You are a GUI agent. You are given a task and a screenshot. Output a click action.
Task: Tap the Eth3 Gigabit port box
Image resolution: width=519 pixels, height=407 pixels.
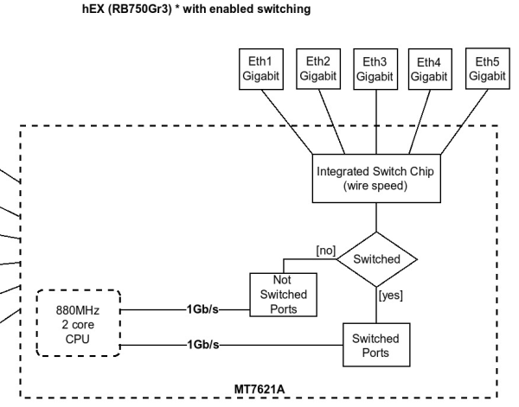coord(374,68)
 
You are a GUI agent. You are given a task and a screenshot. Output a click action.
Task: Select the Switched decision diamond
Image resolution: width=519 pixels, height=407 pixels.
coord(376,258)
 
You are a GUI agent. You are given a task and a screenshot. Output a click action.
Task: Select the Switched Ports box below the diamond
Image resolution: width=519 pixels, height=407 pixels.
coord(376,345)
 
